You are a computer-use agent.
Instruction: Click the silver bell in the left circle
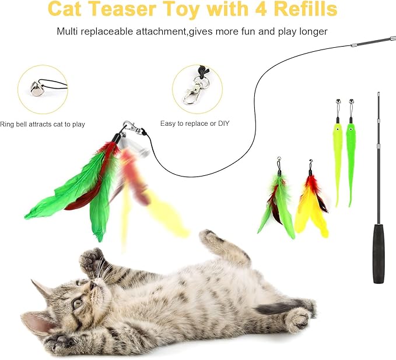tap(36, 87)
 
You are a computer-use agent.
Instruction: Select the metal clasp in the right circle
tap(194, 92)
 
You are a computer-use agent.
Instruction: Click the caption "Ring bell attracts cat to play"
tap(43, 124)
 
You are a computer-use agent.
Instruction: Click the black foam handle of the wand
tap(379, 253)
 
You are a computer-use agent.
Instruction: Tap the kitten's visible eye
tap(78, 303)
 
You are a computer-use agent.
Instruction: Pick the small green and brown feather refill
tap(278, 204)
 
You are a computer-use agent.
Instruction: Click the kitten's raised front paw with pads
tap(92, 261)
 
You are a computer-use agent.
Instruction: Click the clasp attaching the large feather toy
tap(129, 128)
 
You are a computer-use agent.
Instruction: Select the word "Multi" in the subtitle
tap(68, 31)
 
